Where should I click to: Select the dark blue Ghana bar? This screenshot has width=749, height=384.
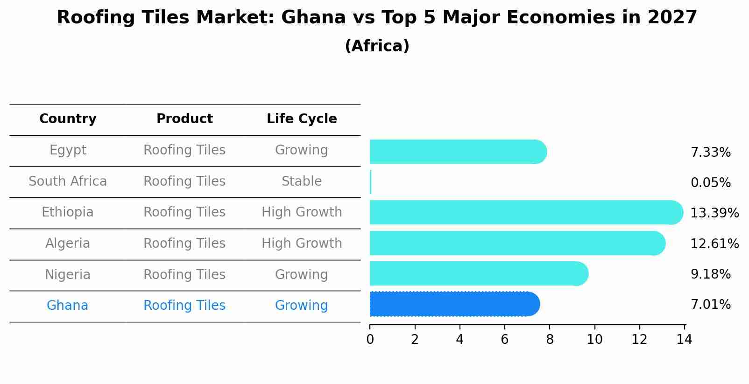click(x=454, y=304)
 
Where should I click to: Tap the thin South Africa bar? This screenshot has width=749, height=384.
click(x=370, y=182)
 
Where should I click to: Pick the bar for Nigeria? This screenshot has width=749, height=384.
click(x=478, y=273)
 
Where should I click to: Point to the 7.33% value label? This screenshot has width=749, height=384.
click(x=710, y=153)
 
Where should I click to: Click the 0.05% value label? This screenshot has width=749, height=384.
click(x=710, y=183)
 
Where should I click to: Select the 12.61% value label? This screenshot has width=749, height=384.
click(x=714, y=244)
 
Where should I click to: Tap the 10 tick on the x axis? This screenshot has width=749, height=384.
click(x=594, y=340)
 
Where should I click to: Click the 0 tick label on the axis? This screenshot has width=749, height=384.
click(x=370, y=340)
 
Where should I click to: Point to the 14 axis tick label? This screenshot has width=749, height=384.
click(x=684, y=340)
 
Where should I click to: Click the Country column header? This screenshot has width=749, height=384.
click(x=68, y=119)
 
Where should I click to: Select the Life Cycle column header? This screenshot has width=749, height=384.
click(x=302, y=119)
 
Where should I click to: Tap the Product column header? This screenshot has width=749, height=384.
click(x=184, y=119)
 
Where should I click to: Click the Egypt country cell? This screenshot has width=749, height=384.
click(x=68, y=150)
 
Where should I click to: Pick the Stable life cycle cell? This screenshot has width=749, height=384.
click(x=302, y=182)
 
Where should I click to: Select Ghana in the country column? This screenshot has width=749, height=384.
click(x=67, y=306)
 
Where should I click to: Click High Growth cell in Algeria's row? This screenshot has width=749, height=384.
click(x=302, y=244)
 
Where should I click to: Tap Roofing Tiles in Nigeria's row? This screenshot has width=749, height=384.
click(x=184, y=275)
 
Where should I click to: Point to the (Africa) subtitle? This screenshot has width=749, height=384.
click(x=377, y=46)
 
